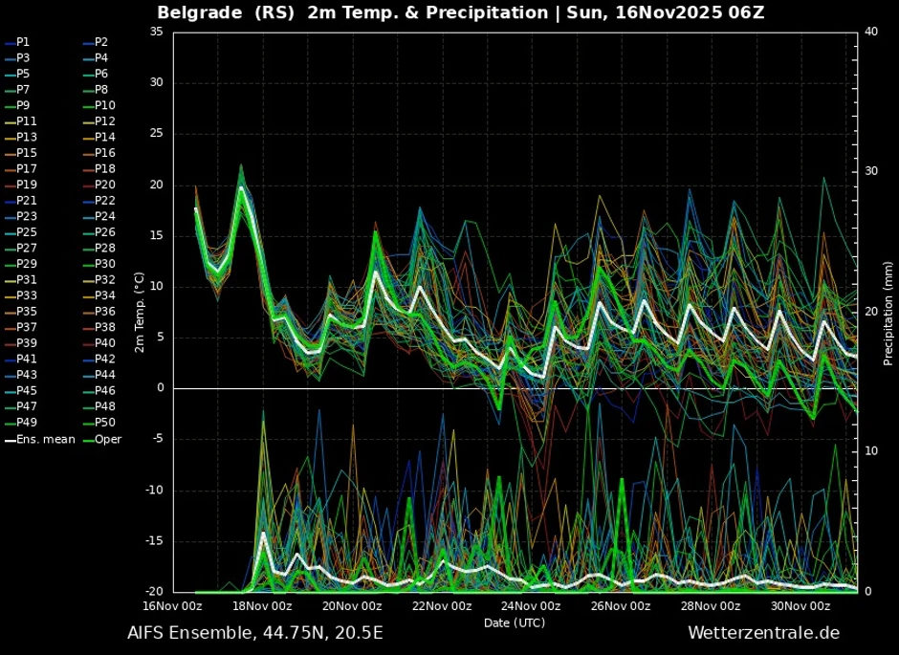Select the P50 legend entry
tap(104, 423)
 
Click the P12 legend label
tap(104, 121)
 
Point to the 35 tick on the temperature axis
tap(155, 33)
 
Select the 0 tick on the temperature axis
tap(159, 388)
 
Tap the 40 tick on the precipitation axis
tap(870, 32)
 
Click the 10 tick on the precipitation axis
tap(870, 451)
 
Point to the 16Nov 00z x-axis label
tap(172, 606)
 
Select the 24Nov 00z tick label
tap(530, 606)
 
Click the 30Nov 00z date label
tap(800, 606)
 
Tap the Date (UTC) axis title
tap(514, 622)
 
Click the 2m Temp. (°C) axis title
tap(139, 312)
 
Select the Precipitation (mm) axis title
tap(888, 312)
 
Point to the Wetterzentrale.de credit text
tap(763, 633)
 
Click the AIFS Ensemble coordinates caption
tap(255, 633)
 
